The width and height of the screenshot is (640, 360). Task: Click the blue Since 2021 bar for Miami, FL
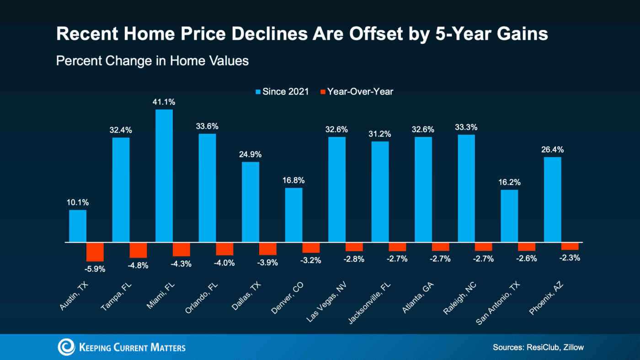tap(164, 176)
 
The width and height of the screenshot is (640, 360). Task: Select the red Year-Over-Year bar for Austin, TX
tap(95, 252)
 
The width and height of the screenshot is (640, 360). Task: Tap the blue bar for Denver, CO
tap(293, 215)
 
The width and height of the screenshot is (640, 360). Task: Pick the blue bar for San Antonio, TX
tap(509, 216)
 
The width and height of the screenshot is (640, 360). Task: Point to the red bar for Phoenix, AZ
tap(570, 246)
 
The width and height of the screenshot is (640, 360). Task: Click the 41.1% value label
tap(164, 101)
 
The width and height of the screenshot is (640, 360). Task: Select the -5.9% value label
tap(96, 269)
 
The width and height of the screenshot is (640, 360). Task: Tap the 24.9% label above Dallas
tap(251, 154)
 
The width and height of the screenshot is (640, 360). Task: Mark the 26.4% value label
tap(552, 149)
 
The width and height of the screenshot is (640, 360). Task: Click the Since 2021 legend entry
tap(282, 91)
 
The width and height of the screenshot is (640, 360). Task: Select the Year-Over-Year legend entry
tap(357, 91)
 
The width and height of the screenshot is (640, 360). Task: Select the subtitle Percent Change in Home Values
tap(152, 61)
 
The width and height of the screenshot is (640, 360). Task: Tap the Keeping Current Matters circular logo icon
tap(66, 347)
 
